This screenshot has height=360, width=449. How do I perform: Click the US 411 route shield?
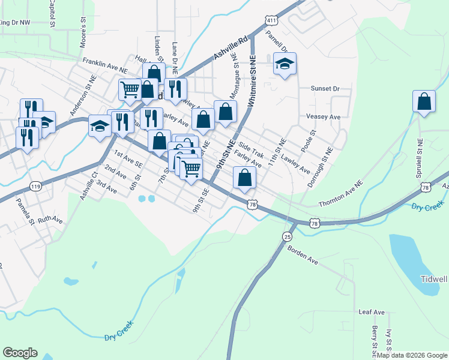pyautogui.click(x=271, y=20)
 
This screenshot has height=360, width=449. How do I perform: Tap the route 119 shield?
pyautogui.click(x=36, y=187)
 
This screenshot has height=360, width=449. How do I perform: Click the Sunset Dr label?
pyautogui.click(x=325, y=88)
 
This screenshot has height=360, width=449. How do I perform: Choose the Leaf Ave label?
pyautogui.click(x=371, y=313)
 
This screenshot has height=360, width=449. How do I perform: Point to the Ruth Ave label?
pyautogui.click(x=50, y=220)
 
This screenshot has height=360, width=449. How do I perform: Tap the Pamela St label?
pyautogui.click(x=26, y=212)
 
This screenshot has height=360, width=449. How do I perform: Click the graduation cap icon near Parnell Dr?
pyautogui.click(x=285, y=64)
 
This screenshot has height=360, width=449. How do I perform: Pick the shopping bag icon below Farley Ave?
pyautogui.click(x=244, y=178)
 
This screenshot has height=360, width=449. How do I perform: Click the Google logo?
pyautogui.click(x=20, y=353)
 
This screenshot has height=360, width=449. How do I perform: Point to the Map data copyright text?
pyautogui.click(x=412, y=355)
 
